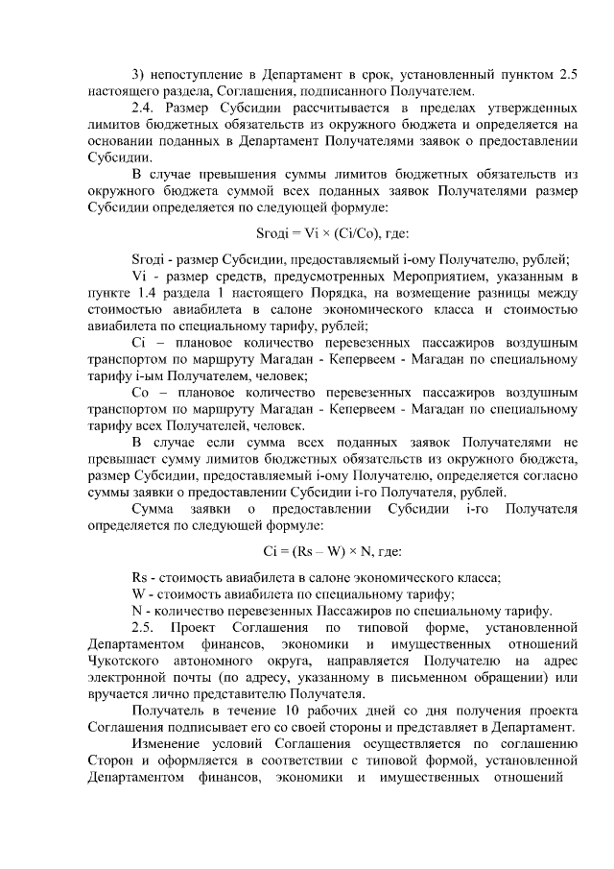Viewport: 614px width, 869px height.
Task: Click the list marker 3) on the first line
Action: [x=136, y=73]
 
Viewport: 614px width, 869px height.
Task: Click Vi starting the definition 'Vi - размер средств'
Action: [x=136, y=277]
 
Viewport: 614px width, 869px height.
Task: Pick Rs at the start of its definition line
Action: [x=138, y=577]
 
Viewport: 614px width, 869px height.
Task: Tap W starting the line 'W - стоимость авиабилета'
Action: [x=136, y=593]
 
